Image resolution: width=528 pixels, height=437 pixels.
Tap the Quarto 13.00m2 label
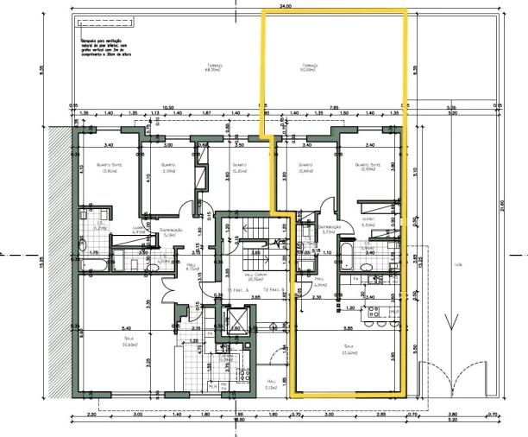click(x=168, y=168)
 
